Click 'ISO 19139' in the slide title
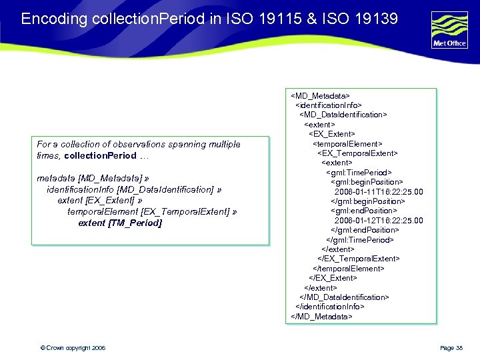click(x=369, y=19)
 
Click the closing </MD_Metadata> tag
click(x=321, y=316)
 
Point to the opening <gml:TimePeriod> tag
click(x=359, y=172)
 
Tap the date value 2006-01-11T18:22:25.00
click(x=379, y=191)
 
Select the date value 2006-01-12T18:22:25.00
click(x=379, y=220)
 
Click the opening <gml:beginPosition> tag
click(x=367, y=181)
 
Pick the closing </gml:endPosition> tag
click(x=365, y=230)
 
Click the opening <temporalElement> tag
click(x=348, y=143)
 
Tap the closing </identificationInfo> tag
click(x=330, y=307)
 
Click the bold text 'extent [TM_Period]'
click(x=120, y=223)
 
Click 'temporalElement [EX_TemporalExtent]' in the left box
click(x=149, y=211)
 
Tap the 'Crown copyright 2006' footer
click(x=73, y=348)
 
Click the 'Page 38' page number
click(x=451, y=348)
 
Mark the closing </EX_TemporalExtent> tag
click(x=359, y=259)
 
